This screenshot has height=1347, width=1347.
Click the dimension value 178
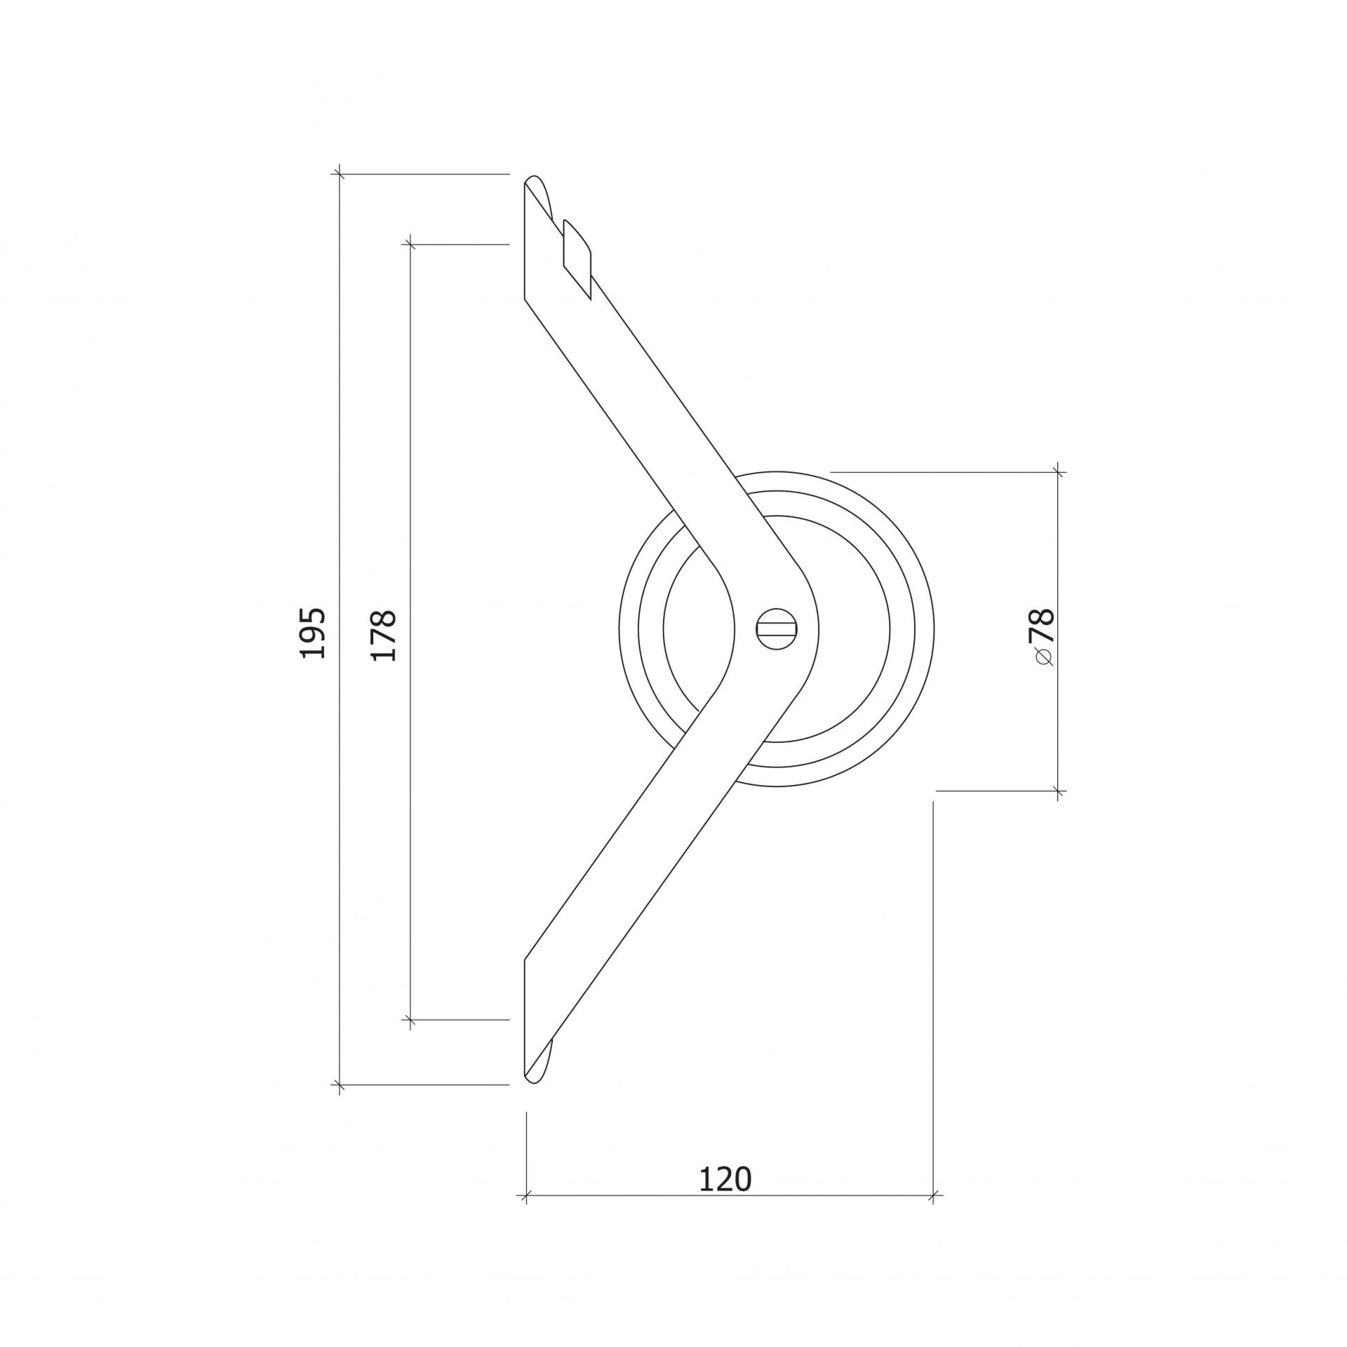[x=384, y=635]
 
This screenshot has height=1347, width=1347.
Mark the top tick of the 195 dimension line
[x=340, y=173]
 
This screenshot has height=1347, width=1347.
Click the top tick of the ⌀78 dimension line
[x=1059, y=472]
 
